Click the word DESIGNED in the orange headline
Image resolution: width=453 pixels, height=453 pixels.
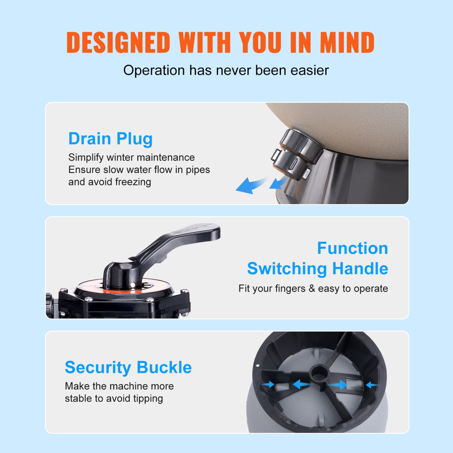[118, 42]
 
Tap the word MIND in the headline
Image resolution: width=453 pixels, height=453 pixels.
[347, 42]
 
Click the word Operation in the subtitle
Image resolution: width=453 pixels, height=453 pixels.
[154, 70]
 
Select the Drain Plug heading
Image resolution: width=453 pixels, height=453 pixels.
[110, 139]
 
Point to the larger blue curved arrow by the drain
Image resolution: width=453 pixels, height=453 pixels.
[249, 185]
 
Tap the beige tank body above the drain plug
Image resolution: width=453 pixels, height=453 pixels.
[347, 127]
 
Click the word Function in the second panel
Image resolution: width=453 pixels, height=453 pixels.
[352, 248]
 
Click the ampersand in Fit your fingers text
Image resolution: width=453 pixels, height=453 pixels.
[312, 288]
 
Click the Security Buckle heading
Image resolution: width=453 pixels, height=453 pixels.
[128, 368]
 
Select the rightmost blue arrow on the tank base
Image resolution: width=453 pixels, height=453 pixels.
[372, 385]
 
